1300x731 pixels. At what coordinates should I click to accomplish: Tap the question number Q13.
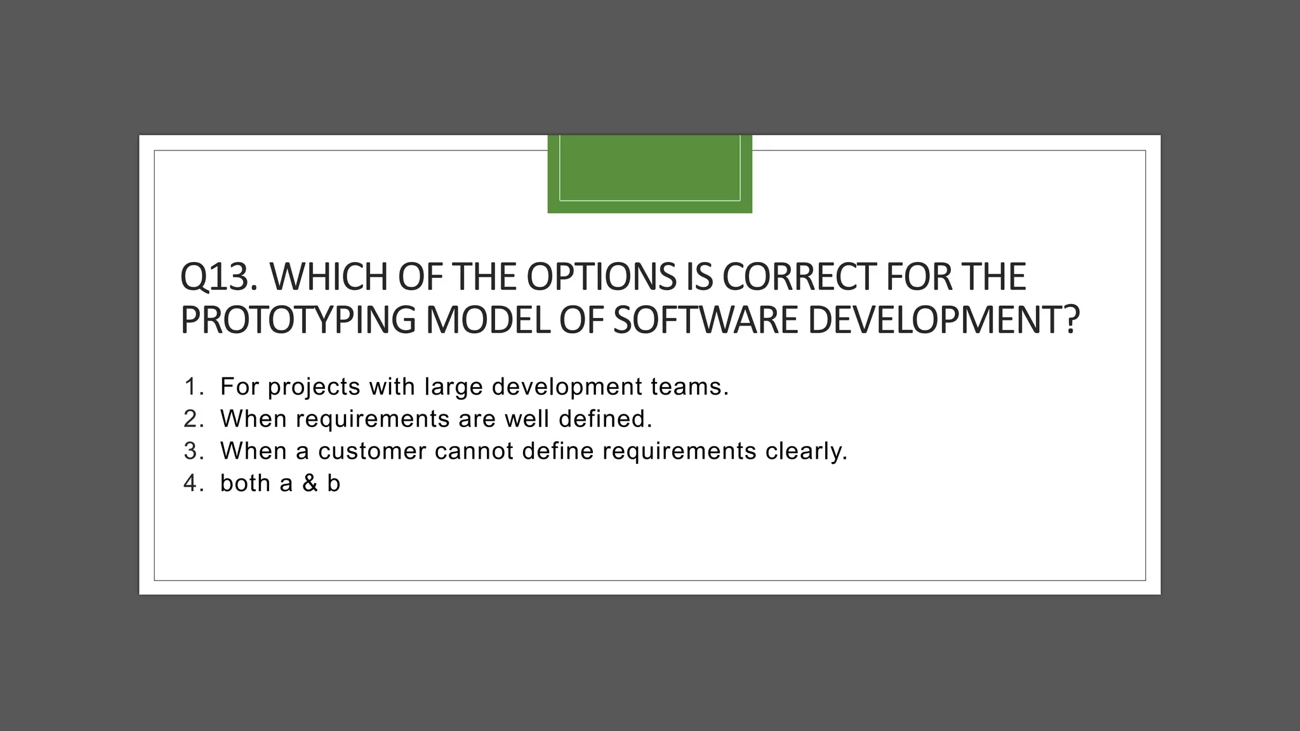pos(218,277)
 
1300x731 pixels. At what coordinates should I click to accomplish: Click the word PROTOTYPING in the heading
pos(297,320)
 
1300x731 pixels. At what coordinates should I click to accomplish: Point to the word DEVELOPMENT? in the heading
pos(943,320)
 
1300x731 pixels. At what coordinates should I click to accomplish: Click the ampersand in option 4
pos(310,484)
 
